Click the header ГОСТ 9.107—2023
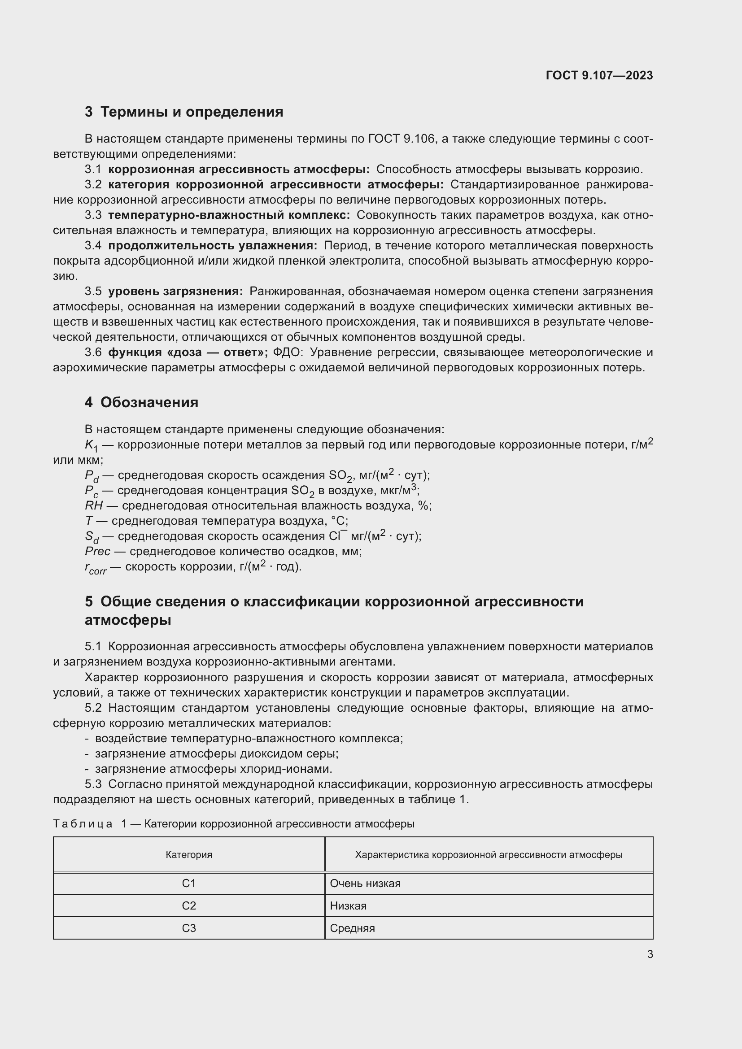[599, 75]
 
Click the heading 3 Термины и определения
[183, 112]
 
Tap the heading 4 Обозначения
[141, 402]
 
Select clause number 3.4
[93, 246]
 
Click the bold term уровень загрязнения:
[175, 292]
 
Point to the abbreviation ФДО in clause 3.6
[288, 352]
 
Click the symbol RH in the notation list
[94, 506]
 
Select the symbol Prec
[97, 552]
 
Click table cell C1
[189, 884]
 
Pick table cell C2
[189, 906]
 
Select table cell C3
[189, 928]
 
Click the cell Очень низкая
[365, 884]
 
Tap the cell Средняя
[352, 928]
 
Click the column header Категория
[189, 854]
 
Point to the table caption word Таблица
[83, 824]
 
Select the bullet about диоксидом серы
[216, 754]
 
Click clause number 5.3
[93, 784]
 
